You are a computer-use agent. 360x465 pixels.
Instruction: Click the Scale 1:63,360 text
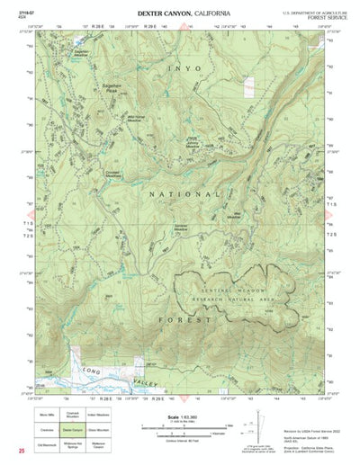tap(184, 416)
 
